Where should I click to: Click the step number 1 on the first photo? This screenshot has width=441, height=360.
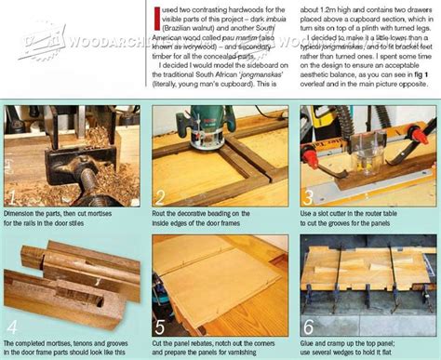(x=12, y=197)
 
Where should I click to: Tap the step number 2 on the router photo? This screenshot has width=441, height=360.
(x=161, y=197)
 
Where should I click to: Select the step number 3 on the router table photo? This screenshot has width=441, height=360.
(x=308, y=197)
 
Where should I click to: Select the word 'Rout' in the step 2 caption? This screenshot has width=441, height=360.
(x=163, y=213)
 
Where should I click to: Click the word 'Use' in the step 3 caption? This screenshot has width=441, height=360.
(x=309, y=213)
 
